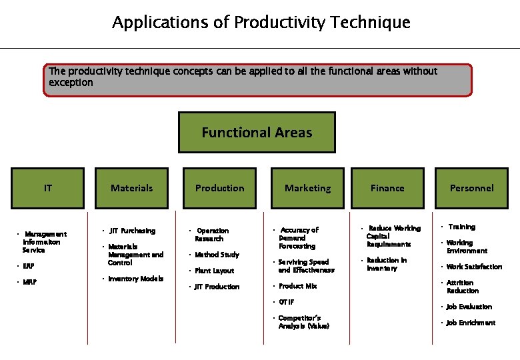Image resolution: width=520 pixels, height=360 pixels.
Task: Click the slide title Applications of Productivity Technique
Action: click(261, 23)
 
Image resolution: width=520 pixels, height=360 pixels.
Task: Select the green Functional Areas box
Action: click(257, 133)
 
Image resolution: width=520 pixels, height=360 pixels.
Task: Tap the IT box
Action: click(48, 188)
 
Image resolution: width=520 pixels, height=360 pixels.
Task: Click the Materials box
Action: click(131, 188)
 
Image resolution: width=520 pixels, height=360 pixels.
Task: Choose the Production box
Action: click(219, 188)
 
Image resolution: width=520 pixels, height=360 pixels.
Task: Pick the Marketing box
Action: click(307, 188)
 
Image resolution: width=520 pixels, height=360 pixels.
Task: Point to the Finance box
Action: click(387, 188)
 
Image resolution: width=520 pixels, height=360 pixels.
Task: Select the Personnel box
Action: click(471, 188)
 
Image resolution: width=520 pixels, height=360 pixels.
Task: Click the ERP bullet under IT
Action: click(28, 266)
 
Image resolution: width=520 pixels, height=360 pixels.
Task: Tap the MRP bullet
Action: click(29, 282)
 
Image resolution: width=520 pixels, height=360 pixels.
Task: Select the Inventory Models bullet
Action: click(135, 279)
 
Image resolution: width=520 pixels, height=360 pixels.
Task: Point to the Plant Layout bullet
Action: click(214, 271)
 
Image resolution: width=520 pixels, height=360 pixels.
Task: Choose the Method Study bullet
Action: click(217, 255)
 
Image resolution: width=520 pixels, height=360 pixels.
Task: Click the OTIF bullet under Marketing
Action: click(286, 302)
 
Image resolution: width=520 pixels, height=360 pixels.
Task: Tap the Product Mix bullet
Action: click(297, 286)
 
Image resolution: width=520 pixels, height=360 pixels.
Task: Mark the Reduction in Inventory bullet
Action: click(386, 264)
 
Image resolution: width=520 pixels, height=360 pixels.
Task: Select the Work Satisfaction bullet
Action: click(474, 267)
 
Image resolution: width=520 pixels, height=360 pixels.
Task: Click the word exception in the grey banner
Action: click(71, 83)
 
